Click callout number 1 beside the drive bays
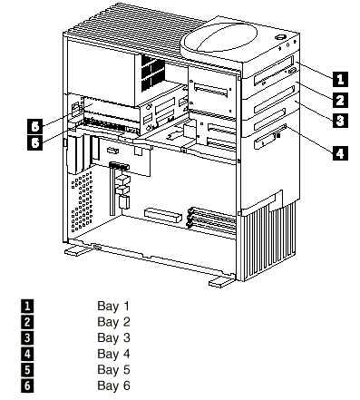point(340,79)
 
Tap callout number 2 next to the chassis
point(340,100)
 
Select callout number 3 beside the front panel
point(340,121)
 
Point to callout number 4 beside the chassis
point(340,152)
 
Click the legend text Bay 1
point(113,306)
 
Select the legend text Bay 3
point(113,337)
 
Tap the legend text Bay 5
point(113,369)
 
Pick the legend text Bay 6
point(113,385)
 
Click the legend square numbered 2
point(27,322)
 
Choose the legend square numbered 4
point(27,354)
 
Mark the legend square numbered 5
point(27,370)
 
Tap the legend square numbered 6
point(27,385)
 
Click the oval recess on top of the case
point(220,38)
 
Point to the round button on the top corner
point(280,37)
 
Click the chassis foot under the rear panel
point(78,249)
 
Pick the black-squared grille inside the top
point(152,73)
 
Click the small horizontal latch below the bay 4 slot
point(265,141)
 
